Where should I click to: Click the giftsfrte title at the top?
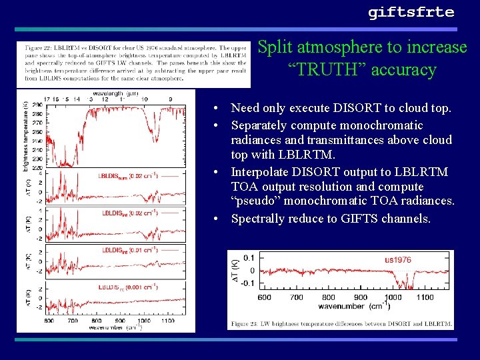(x=411, y=13)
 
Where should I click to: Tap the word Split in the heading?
(x=274, y=47)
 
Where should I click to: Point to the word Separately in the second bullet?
(x=261, y=125)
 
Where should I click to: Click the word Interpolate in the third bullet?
(x=261, y=172)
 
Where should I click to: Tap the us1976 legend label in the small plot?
(x=398, y=259)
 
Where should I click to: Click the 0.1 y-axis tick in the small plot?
(x=249, y=257)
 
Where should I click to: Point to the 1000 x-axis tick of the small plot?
(x=393, y=297)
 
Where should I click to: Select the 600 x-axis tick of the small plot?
(x=265, y=297)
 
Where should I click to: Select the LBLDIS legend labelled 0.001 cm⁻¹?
(x=128, y=287)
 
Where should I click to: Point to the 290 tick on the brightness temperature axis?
(x=39, y=106)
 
